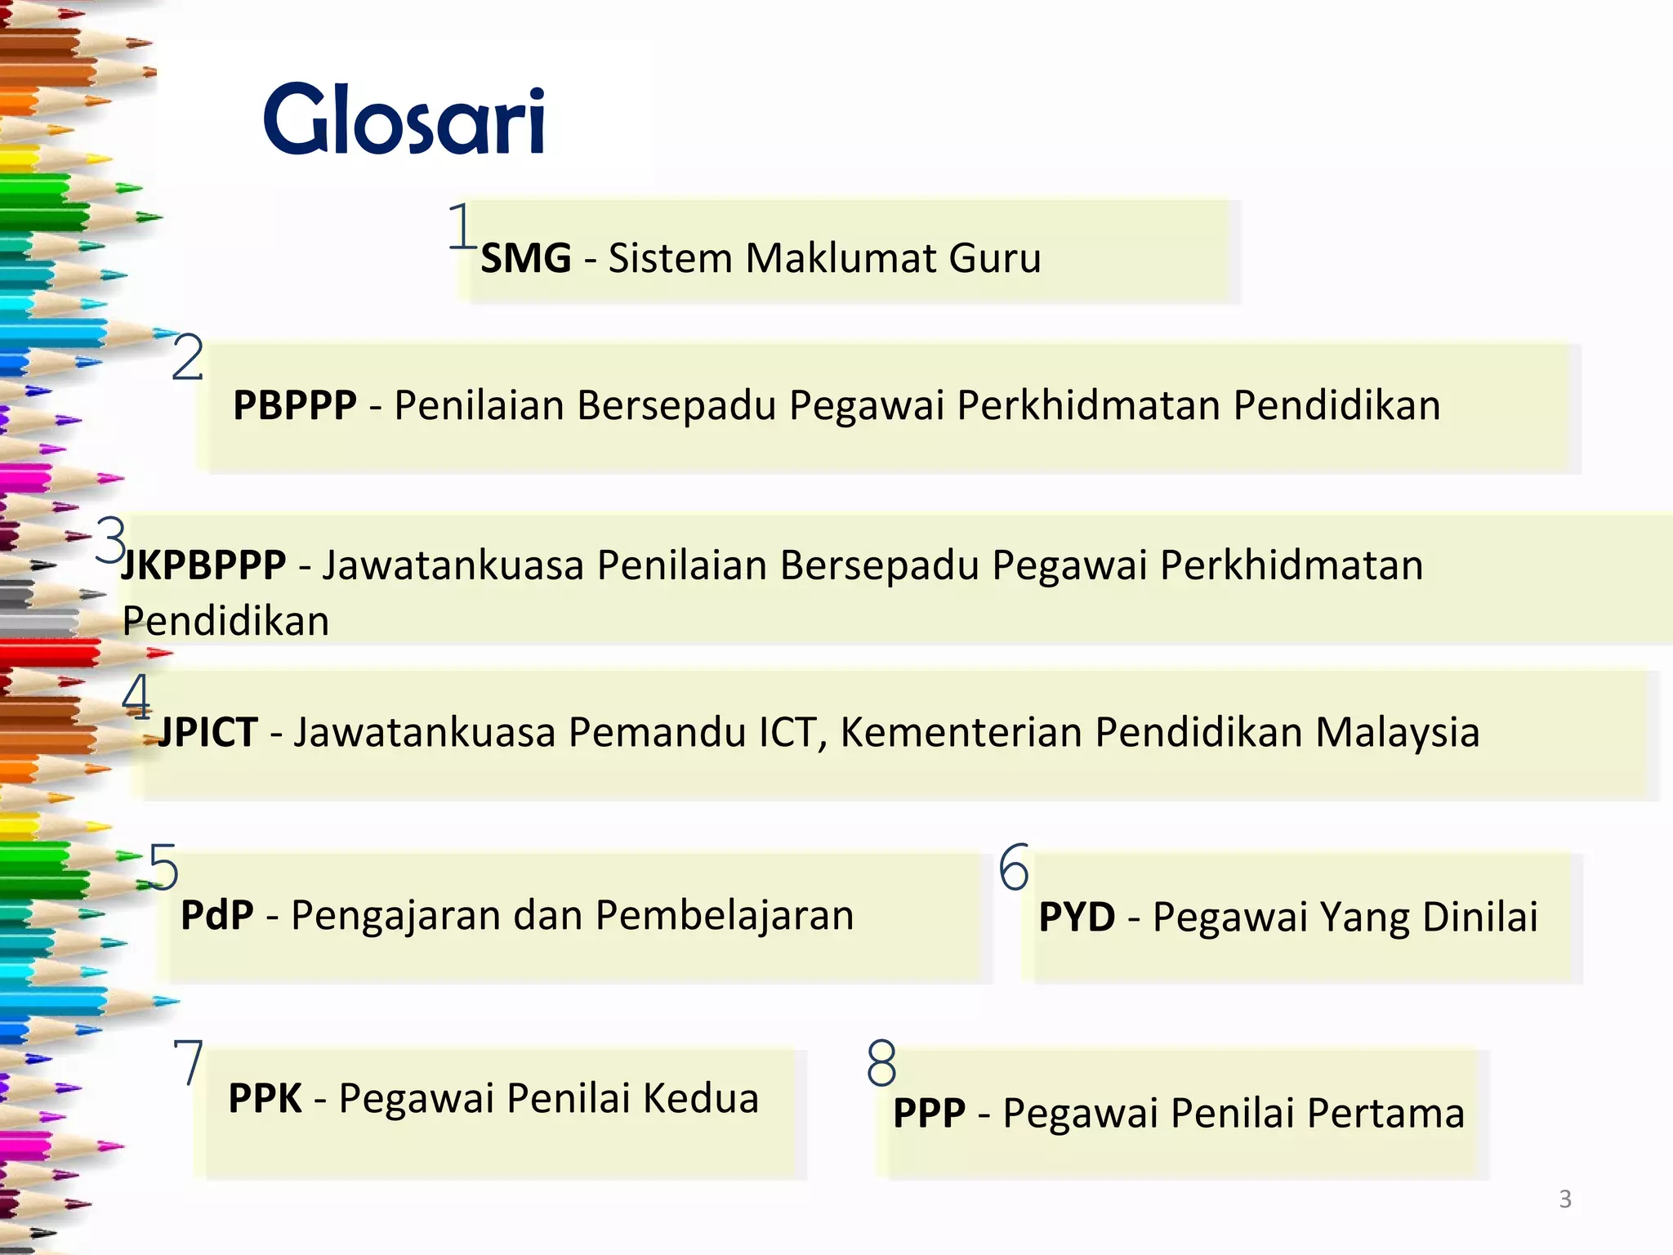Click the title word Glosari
(404, 120)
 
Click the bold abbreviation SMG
(525, 259)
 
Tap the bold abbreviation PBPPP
(295, 405)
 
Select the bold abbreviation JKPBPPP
(204, 565)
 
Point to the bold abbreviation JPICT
(207, 732)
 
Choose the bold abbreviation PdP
(216, 915)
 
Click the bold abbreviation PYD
(1077, 917)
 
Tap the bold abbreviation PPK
(265, 1098)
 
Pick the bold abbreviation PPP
(929, 1113)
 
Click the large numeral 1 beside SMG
(462, 226)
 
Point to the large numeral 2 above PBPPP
(187, 358)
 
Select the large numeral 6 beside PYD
(1014, 868)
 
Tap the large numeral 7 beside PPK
(189, 1062)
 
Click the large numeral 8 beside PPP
(881, 1063)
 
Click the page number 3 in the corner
(1565, 1199)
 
